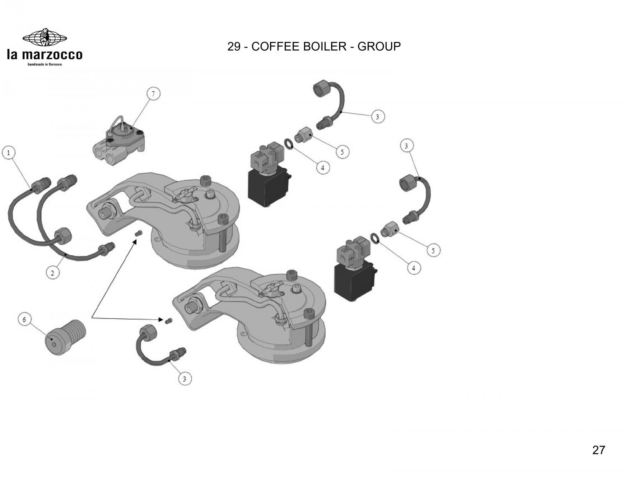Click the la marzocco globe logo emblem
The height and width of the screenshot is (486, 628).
point(44,37)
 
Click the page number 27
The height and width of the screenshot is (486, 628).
point(599,450)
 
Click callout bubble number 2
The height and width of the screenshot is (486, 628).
point(52,273)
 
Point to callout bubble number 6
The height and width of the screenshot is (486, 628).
point(24,320)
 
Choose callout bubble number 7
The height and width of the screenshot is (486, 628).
point(153,94)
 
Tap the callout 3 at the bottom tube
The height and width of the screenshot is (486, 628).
point(185,379)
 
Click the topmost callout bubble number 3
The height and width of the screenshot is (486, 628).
point(378,117)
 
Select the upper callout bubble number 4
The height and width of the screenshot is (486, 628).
point(322,168)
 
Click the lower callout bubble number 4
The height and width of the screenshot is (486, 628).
point(414,268)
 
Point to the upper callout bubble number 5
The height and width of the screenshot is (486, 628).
point(342,152)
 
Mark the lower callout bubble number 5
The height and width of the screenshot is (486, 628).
point(433,251)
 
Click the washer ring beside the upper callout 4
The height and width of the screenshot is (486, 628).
point(289,145)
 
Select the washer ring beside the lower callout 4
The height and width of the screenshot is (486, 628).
point(376,238)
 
